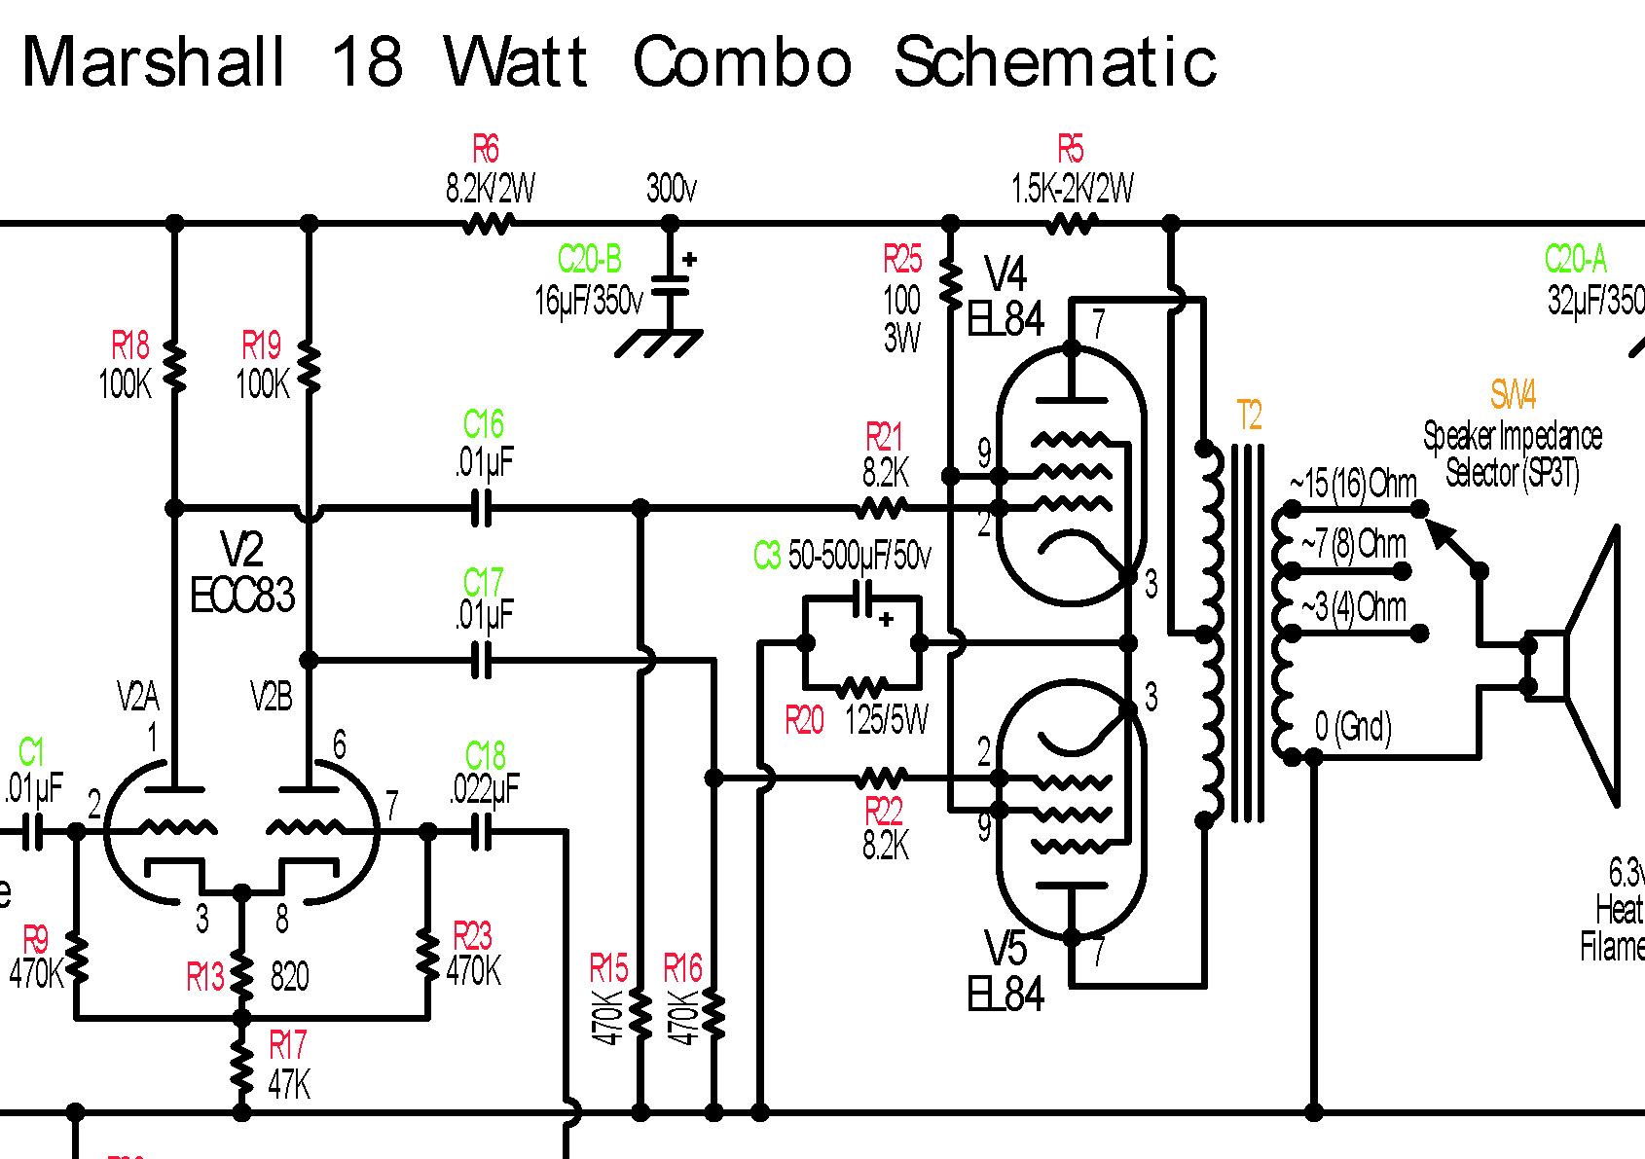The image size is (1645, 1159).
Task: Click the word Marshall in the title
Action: click(x=154, y=62)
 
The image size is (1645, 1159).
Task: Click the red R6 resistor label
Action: click(x=486, y=150)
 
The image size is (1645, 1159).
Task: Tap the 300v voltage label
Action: click(x=672, y=188)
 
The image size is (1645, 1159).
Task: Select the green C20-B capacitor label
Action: click(x=589, y=260)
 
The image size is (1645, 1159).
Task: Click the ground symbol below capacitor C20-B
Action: click(x=660, y=343)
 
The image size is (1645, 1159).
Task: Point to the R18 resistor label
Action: click(x=129, y=345)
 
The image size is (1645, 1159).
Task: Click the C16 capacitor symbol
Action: click(x=481, y=508)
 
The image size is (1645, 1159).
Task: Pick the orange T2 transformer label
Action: click(x=1249, y=417)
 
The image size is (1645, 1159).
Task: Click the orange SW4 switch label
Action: click(x=1513, y=394)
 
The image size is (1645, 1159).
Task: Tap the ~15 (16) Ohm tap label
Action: click(x=1354, y=483)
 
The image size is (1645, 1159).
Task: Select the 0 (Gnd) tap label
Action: click(x=1353, y=726)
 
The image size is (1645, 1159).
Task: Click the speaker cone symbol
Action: click(x=1591, y=667)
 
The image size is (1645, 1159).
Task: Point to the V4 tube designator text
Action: click(x=1005, y=274)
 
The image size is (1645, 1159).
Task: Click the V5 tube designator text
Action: click(x=1005, y=949)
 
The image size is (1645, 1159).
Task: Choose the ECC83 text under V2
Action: click(x=242, y=596)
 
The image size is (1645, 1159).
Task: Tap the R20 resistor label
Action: click(x=804, y=721)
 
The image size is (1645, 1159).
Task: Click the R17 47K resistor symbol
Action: click(x=241, y=1066)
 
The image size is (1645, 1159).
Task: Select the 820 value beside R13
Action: click(x=289, y=976)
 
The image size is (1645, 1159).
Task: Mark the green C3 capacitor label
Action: click(x=767, y=556)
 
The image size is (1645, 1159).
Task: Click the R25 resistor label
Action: click(x=902, y=260)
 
